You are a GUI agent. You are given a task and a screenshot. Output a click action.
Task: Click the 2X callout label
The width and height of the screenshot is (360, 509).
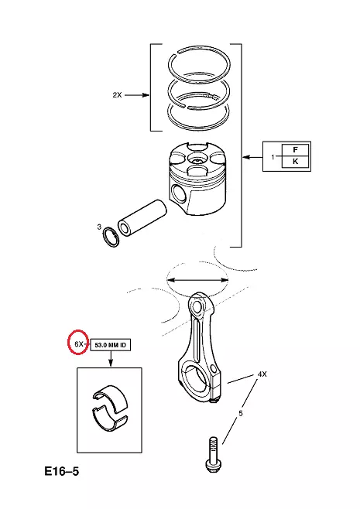pos(117,95)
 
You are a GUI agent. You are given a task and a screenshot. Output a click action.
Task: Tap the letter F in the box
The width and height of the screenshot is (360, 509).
pos(295,149)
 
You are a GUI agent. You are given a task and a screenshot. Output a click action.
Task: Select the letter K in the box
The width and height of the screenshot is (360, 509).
pos(295,162)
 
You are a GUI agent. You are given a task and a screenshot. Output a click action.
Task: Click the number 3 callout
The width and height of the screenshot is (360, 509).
pos(99,227)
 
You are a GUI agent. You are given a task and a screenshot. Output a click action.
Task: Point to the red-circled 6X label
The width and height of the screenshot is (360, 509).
pos(79,343)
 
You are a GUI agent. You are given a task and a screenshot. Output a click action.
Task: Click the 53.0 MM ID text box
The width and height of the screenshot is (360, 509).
pos(110,345)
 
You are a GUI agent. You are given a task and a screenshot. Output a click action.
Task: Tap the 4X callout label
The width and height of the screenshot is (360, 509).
pos(262,374)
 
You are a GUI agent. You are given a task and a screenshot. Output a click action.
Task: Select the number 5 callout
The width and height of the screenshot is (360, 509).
pos(241,414)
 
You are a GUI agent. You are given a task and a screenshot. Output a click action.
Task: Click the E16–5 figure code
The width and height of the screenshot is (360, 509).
pos(62,471)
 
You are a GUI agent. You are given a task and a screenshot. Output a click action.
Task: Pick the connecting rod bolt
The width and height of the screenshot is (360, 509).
pos(212,454)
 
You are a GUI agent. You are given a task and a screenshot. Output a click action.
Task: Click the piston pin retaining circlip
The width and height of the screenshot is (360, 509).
pos(111,238)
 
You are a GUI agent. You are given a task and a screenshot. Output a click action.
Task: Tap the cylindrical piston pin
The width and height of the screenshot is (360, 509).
pos(142,217)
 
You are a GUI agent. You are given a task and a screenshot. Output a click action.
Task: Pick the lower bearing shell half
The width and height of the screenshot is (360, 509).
pos(110,421)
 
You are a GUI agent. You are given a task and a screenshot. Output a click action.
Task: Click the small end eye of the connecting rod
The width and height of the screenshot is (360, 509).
pos(198,305)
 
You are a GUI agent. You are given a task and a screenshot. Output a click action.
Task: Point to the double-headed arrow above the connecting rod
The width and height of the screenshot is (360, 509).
pos(197,279)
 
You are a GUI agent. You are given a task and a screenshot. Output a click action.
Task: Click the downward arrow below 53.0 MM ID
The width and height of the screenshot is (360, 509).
pos(111,359)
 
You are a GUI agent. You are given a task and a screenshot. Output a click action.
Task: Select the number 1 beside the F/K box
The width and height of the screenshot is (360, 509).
pos(273,157)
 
